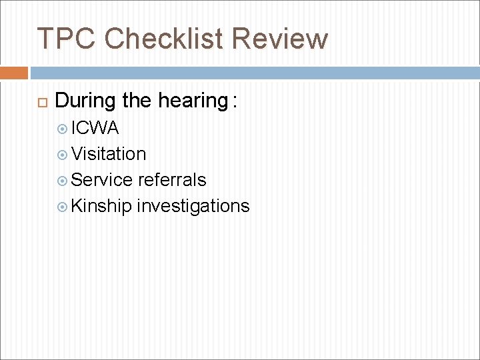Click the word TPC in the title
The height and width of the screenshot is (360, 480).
coord(66,39)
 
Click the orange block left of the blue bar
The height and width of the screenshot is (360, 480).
coord(14,73)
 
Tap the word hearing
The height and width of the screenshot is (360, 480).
coord(193,101)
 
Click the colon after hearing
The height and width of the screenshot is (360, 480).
coord(234,103)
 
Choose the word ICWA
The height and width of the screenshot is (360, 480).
coord(95,128)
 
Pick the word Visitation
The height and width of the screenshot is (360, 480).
coord(109,154)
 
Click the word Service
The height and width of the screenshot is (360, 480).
coord(102,180)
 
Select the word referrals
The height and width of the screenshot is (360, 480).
coord(173,180)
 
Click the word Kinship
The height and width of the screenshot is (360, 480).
coord(102,206)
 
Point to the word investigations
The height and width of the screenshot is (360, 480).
coord(193,206)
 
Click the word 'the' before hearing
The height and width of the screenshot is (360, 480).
coord(137,101)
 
